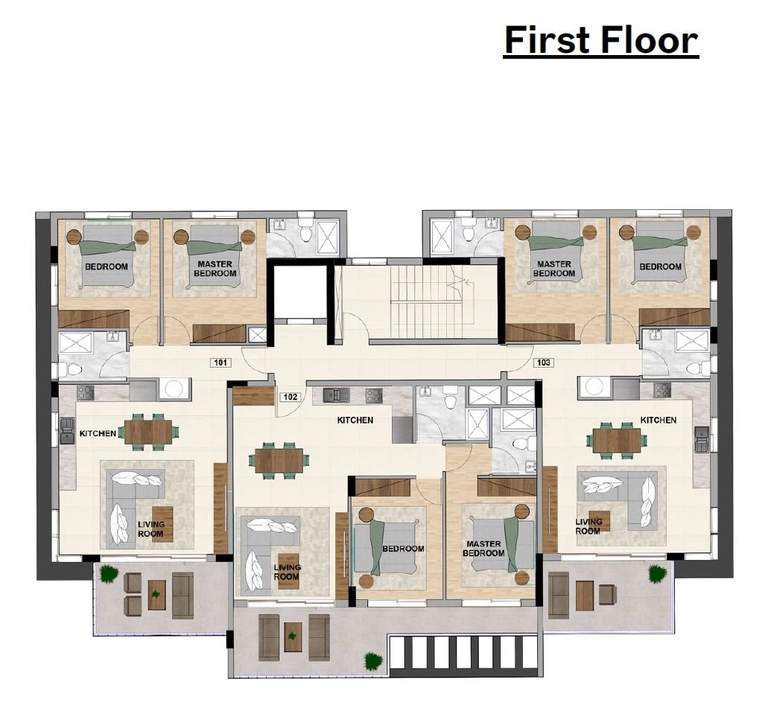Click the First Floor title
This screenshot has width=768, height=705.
tap(601, 40)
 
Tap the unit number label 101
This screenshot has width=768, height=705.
tap(220, 363)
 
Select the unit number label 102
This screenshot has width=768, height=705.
tap(291, 397)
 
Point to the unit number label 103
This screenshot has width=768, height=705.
tap(544, 363)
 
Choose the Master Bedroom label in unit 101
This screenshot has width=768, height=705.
tap(215, 269)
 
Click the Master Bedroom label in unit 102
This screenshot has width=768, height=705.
tap(483, 549)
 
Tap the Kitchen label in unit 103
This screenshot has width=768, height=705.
tap(658, 420)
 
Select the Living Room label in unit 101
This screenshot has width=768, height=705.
tap(151, 529)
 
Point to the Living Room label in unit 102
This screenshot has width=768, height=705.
tap(287, 572)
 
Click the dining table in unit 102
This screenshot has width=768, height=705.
tap(279, 461)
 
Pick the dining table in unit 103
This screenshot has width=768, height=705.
tap(617, 441)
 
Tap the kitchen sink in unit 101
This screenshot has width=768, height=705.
tap(66, 431)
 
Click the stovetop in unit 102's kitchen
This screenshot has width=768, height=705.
tap(374, 395)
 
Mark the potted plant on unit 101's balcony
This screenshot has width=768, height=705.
tap(109, 573)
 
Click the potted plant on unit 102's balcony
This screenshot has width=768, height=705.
tap(373, 661)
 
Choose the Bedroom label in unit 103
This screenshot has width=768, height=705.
tap(660, 267)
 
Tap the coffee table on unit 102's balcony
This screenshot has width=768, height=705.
tap(293, 637)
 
